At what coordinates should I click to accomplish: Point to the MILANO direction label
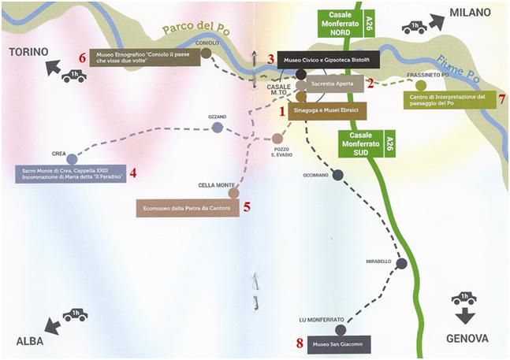coord(470,13)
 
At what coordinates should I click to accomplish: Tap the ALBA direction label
coord(35,340)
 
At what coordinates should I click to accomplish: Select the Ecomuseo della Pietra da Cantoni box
coord(187,208)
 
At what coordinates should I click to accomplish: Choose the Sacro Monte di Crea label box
coord(69,173)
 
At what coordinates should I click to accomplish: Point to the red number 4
coord(134,173)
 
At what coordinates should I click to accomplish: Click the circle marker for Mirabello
coord(401,263)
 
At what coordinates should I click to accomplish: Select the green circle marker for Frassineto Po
coord(420,85)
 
